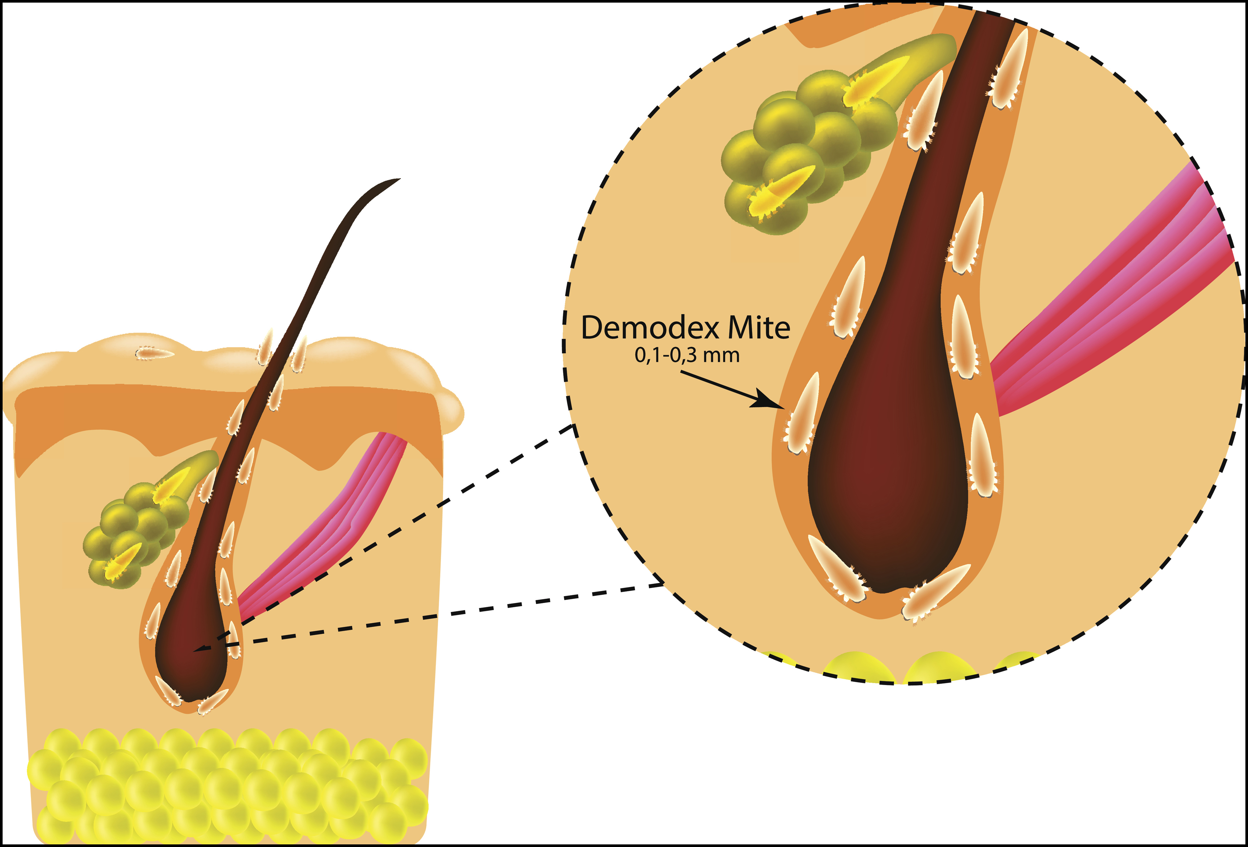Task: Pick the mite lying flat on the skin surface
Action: click(x=154, y=353)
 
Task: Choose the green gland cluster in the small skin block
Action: click(x=134, y=531)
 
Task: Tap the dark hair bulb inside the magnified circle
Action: click(x=886, y=483)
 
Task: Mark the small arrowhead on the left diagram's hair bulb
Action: click(x=200, y=650)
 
